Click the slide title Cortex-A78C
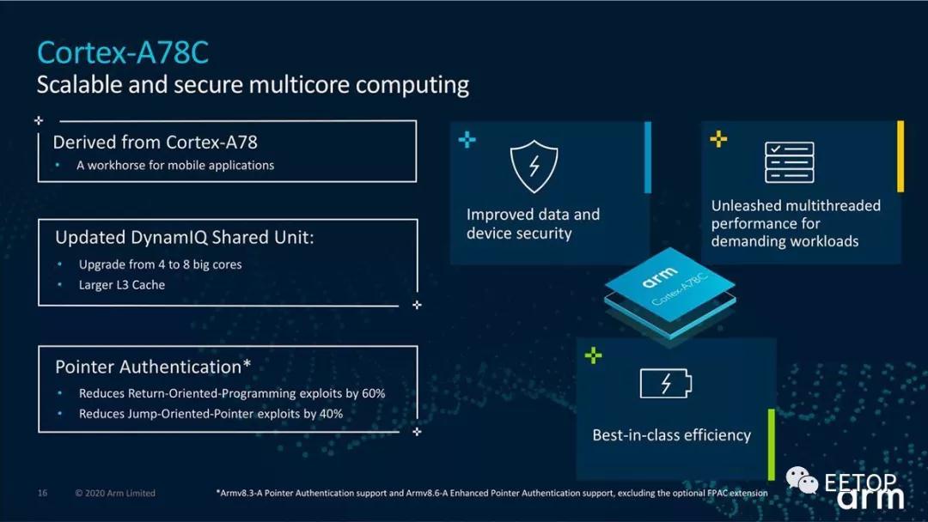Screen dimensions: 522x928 [x=122, y=52]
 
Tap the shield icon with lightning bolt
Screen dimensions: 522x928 [x=534, y=166]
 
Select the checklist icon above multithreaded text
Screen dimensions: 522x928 [x=789, y=162]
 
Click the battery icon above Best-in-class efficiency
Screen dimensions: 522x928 [x=665, y=383]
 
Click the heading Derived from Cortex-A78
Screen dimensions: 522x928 [x=155, y=142]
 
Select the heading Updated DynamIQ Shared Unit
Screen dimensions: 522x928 [x=184, y=237]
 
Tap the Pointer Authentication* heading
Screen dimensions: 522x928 [x=153, y=367]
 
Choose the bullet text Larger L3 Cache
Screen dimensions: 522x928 [x=122, y=285]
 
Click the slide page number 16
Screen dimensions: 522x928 [x=42, y=493]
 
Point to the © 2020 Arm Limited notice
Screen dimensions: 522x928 [x=115, y=493]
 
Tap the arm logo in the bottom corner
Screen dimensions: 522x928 [x=870, y=498]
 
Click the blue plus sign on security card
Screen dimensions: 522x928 [x=467, y=139]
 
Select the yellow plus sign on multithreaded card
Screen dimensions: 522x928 [x=719, y=138]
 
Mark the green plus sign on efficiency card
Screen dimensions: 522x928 [x=593, y=355]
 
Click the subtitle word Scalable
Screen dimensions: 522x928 [x=80, y=85]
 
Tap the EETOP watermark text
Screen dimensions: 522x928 [x=860, y=482]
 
